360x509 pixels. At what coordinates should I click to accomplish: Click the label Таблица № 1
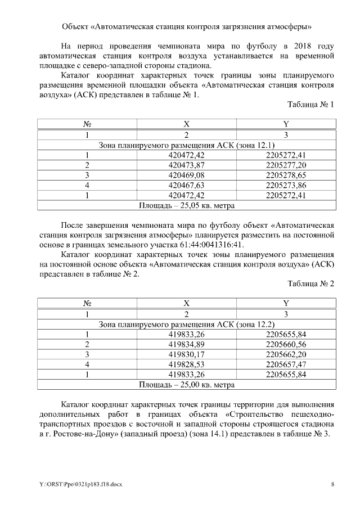click(310, 105)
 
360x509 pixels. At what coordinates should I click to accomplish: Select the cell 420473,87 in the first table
click(187, 165)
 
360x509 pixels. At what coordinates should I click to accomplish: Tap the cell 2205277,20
click(286, 165)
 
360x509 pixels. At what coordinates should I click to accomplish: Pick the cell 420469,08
click(187, 175)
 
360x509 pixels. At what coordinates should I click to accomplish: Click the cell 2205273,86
click(286, 185)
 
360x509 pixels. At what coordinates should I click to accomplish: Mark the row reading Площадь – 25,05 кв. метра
click(187, 205)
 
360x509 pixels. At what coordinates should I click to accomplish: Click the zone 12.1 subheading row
click(187, 145)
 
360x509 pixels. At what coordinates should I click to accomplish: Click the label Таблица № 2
click(310, 284)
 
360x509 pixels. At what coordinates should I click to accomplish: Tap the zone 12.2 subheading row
click(187, 325)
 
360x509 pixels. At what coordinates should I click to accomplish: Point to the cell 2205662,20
click(286, 354)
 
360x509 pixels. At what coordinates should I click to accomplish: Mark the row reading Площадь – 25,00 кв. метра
click(187, 385)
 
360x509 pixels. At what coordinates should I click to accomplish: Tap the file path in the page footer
click(75, 484)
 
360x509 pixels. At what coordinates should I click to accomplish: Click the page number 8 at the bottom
click(332, 484)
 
